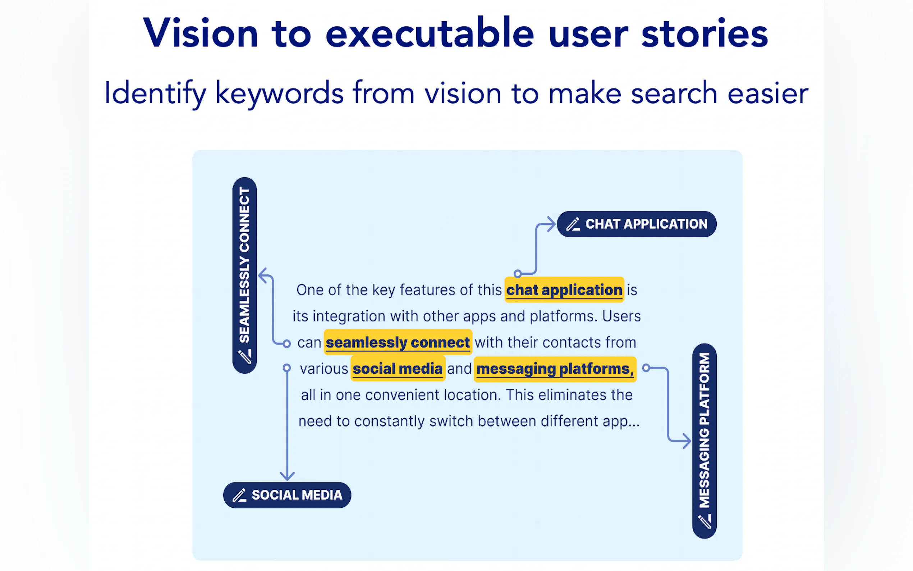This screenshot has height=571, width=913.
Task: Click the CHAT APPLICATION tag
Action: tap(636, 224)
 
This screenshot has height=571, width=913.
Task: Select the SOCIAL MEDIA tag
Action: tap(287, 495)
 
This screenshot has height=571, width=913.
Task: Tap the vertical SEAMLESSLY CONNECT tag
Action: tap(244, 275)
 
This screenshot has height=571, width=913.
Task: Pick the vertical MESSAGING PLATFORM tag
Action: tap(704, 440)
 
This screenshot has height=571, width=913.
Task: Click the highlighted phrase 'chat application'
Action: tap(564, 290)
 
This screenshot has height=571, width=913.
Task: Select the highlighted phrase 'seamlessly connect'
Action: tap(398, 343)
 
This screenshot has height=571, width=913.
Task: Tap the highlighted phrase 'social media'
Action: tap(398, 369)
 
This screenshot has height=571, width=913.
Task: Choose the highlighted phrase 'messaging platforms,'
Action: tap(555, 369)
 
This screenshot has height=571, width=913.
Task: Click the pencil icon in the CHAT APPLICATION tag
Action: tap(573, 224)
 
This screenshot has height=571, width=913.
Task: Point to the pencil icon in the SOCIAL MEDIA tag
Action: tap(239, 495)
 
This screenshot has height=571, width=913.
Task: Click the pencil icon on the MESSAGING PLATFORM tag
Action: tap(704, 521)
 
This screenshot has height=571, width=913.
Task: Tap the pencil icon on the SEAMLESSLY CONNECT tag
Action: tap(244, 356)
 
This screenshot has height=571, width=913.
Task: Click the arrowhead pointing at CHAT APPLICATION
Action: tap(551, 224)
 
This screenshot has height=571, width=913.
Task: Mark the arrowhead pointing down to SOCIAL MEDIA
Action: tap(287, 476)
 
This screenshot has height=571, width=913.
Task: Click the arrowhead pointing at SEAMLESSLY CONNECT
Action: tap(263, 276)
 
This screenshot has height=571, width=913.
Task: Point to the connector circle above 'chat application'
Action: tap(518, 273)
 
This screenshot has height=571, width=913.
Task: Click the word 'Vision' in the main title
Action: tap(200, 33)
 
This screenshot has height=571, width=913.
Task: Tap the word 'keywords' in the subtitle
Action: tap(279, 93)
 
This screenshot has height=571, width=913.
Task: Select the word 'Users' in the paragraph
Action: tap(621, 316)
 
